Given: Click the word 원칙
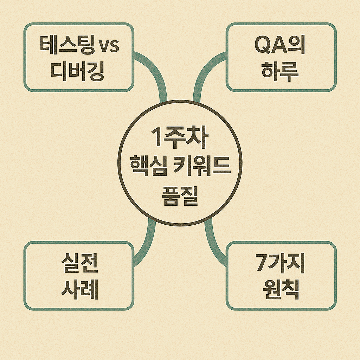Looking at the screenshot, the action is pyautogui.click(x=280, y=289).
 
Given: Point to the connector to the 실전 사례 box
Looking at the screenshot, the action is pyautogui.click(x=147, y=243).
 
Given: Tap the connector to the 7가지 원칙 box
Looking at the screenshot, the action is pyautogui.click(x=213, y=243).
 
